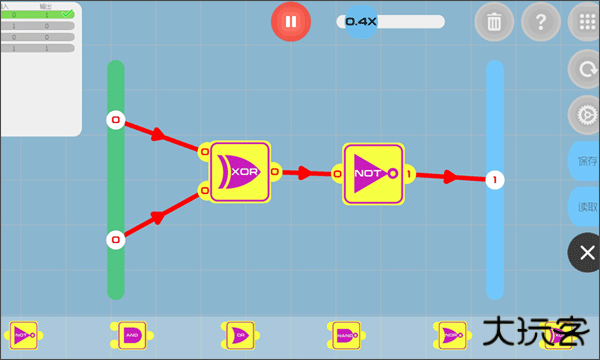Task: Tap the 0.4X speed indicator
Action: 361,21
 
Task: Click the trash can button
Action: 494,21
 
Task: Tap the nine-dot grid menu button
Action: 585,21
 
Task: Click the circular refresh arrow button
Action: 585,70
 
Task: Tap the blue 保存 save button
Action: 586,161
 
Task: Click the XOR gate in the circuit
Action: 239,171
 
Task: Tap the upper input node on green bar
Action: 115,121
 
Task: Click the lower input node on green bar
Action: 115,239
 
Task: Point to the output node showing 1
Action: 494,180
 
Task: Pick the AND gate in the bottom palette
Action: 131,335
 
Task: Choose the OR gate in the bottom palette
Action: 238,335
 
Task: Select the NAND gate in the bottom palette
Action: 344,335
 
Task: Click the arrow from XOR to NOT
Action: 300,172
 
